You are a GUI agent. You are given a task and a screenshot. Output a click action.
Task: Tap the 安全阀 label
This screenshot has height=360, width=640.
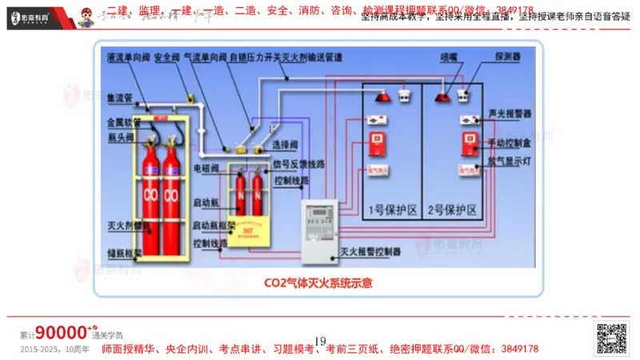[166, 58]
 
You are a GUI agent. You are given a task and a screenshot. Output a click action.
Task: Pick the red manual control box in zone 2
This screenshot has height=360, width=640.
[469, 145]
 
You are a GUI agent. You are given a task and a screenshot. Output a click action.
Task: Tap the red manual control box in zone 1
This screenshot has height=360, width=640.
[376, 145]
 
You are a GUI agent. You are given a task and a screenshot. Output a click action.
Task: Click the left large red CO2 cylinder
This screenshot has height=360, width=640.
[149, 196]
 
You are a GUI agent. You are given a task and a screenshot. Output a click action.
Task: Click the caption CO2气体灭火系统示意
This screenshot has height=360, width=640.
[318, 282]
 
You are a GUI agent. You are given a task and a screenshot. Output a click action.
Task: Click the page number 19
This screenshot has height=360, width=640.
[321, 342]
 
